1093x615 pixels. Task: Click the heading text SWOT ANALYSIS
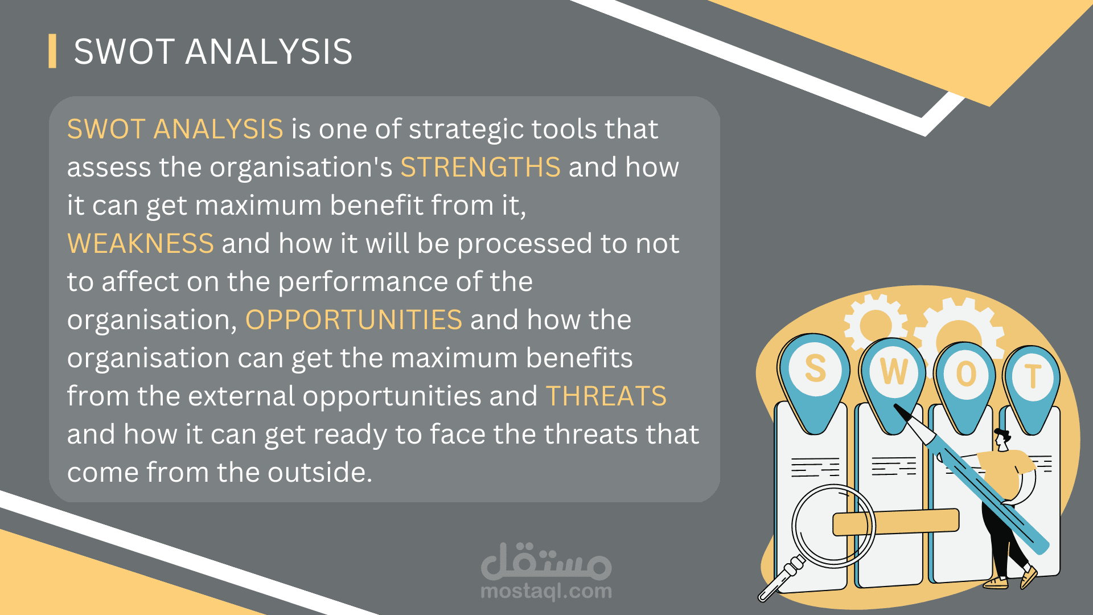pos(213,51)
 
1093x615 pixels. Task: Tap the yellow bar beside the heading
pos(52,51)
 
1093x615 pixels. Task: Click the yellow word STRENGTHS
pos(480,167)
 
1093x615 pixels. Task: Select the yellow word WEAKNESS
pos(141,243)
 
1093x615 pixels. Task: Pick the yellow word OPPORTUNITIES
pos(354,319)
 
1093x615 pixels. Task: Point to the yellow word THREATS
pos(606,396)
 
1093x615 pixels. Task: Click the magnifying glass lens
pos(833,526)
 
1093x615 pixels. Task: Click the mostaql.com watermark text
pos(546,591)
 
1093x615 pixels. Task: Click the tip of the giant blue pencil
pos(895,406)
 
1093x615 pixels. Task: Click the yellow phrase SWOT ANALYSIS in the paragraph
pos(175,129)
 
